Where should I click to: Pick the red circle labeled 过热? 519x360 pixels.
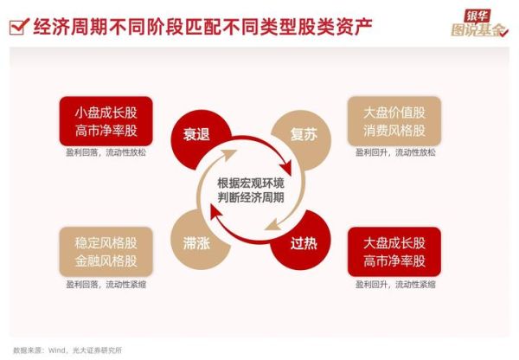pos(301,244)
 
